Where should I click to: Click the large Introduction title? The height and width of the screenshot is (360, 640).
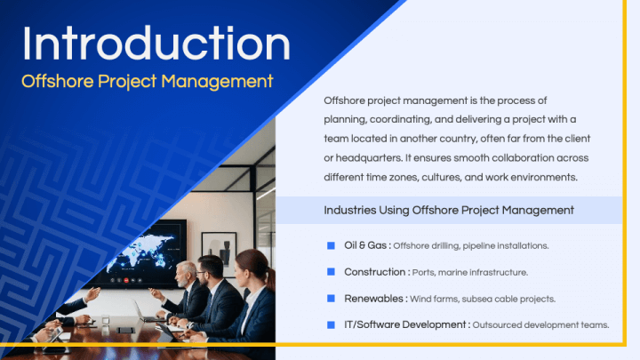(x=156, y=43)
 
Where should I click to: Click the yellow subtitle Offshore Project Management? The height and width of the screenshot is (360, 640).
(x=147, y=81)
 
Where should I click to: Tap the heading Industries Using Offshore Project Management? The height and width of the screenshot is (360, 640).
(x=448, y=211)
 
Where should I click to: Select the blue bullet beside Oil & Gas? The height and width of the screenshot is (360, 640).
(x=331, y=244)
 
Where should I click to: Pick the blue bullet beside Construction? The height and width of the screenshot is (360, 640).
(x=331, y=271)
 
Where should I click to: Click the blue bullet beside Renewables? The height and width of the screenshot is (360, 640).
(x=331, y=298)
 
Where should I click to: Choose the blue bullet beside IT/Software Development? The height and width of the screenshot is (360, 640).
(x=331, y=324)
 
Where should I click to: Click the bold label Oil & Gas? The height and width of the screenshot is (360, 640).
(x=366, y=245)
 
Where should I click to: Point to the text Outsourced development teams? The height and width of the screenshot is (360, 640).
(x=541, y=325)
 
